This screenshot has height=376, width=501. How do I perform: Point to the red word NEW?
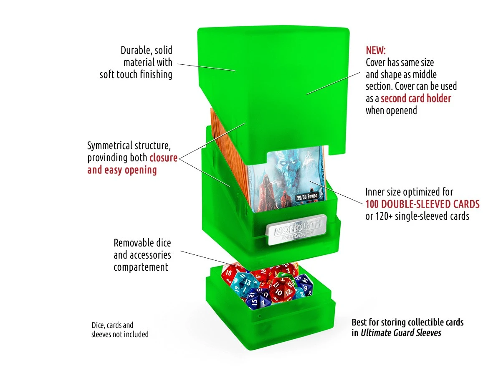[x=376, y=51]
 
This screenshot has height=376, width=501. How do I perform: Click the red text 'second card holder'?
[x=416, y=99]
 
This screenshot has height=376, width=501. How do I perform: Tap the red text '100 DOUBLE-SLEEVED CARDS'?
[x=423, y=204]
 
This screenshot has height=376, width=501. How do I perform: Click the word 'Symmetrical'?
[x=110, y=146]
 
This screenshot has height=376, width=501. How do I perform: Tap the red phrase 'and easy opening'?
[x=122, y=170]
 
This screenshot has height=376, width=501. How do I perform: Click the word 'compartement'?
[x=141, y=267]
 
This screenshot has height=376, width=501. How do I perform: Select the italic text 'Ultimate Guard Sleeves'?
[x=401, y=333]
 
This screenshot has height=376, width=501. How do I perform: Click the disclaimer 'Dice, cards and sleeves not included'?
[x=120, y=330]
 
